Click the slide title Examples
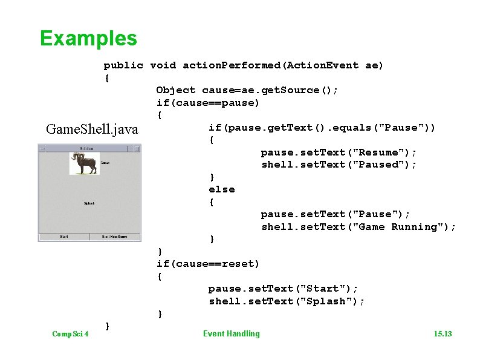88,39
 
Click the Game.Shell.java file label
92,129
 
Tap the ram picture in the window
84,163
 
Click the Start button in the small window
63,236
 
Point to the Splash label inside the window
89,203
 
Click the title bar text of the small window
86,148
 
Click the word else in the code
221,189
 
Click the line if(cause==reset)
207,264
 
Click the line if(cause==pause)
207,103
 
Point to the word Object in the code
175,90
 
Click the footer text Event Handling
231,333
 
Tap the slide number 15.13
443,334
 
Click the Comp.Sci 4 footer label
70,334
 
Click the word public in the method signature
123,65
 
